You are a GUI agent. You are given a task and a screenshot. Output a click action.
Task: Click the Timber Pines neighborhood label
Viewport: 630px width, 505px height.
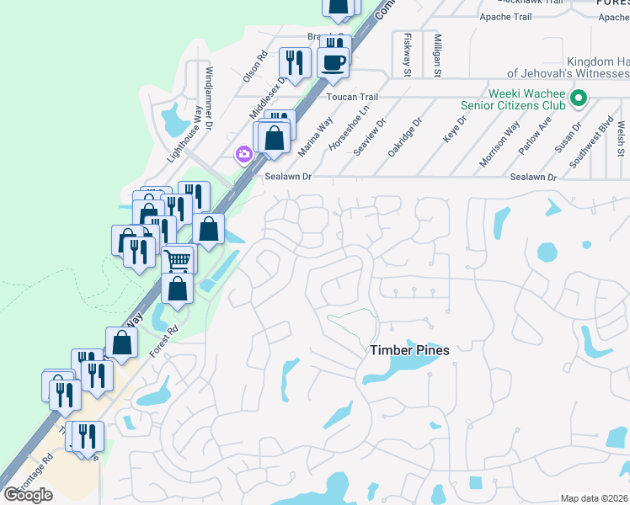pyautogui.click(x=409, y=350)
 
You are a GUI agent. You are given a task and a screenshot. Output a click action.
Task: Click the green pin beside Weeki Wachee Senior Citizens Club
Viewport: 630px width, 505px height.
pyautogui.click(x=578, y=99)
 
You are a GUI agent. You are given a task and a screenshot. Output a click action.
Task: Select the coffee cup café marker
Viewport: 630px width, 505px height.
pyautogui.click(x=333, y=62)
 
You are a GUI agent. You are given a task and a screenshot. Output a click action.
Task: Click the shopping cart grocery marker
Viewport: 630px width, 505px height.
pyautogui.click(x=178, y=260)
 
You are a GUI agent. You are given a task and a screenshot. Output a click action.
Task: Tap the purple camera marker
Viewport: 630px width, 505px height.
pyautogui.click(x=244, y=154)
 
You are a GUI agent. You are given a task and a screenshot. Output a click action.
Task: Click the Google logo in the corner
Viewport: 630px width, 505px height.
pyautogui.click(x=28, y=495)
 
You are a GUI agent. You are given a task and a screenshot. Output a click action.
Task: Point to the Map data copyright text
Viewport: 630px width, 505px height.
pyautogui.click(x=595, y=498)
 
